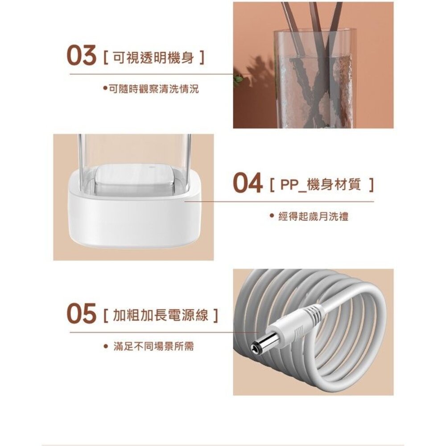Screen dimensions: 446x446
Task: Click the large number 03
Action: [81, 56]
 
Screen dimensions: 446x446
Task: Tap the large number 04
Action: [247, 183]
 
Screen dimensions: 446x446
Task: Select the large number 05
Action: [81, 314]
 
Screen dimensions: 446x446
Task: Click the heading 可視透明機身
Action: [153, 58]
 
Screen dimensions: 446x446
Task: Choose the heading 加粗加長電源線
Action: [161, 315]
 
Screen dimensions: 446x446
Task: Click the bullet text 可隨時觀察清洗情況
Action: [154, 89]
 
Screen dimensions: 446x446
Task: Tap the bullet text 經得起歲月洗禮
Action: [314, 217]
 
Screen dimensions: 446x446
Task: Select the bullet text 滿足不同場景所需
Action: [154, 347]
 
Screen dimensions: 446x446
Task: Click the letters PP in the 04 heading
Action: [290, 185]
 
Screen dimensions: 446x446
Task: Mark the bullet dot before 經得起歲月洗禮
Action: [272, 216]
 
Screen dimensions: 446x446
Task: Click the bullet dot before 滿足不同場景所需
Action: [106, 347]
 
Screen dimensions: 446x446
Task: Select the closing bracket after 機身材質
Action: [371, 185]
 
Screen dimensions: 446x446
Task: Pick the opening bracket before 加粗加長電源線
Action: [106, 315]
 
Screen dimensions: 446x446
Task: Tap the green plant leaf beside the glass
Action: [238, 78]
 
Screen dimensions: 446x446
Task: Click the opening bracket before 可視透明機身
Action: [106, 58]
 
